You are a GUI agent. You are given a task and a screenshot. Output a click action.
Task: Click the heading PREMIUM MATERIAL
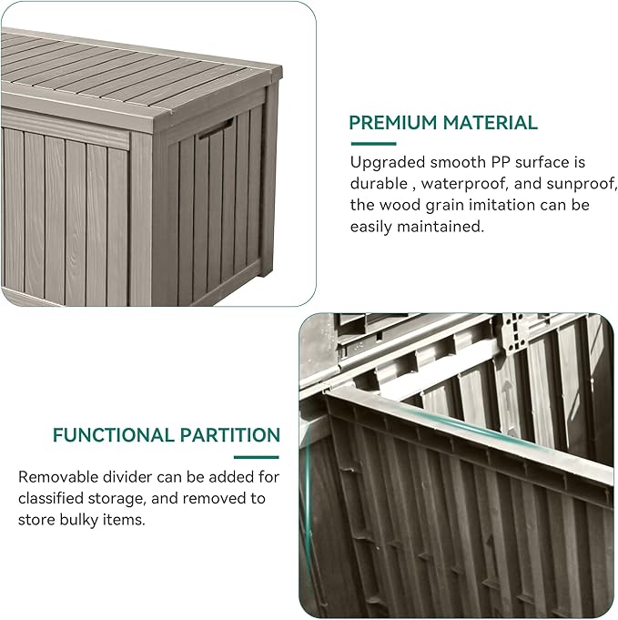pos(443,122)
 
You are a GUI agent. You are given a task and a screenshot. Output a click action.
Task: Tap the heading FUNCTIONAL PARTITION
pos(166,435)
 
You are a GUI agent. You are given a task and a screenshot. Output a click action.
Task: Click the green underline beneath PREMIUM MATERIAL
pos(373,143)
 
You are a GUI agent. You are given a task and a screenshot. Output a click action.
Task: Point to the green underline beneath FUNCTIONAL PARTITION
pos(256,456)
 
